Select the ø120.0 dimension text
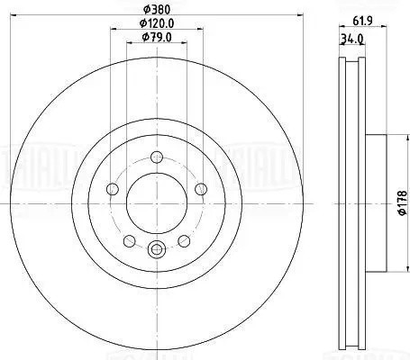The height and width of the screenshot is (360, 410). (x=156, y=23)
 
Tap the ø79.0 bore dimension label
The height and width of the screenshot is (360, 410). (x=157, y=37)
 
